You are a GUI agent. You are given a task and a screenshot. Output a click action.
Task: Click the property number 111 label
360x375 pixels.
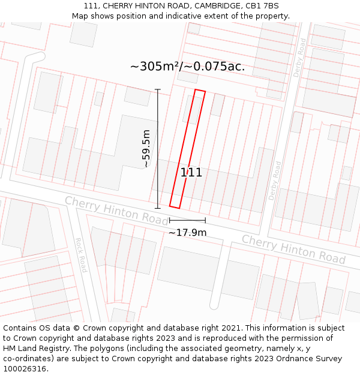191,173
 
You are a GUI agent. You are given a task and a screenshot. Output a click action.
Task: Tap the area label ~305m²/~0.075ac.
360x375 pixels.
187,67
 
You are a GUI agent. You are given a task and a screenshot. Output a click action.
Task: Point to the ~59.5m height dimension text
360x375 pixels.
146,148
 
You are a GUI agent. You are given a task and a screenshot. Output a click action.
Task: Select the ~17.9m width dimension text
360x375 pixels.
187,232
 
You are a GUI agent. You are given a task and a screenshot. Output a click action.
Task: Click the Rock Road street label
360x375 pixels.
81,255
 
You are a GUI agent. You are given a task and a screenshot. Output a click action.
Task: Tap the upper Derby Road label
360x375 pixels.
302,58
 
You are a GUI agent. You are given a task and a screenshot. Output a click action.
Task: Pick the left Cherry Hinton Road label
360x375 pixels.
108,211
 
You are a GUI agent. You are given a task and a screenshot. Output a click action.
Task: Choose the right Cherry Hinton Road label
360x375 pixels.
293,248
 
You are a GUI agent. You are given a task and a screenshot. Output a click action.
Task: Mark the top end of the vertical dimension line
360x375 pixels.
158,89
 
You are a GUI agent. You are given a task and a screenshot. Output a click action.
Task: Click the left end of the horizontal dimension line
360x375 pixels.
169,221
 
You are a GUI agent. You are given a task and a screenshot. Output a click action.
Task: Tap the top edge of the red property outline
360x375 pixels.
200,91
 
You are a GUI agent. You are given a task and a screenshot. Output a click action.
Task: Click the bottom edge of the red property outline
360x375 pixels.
175,206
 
